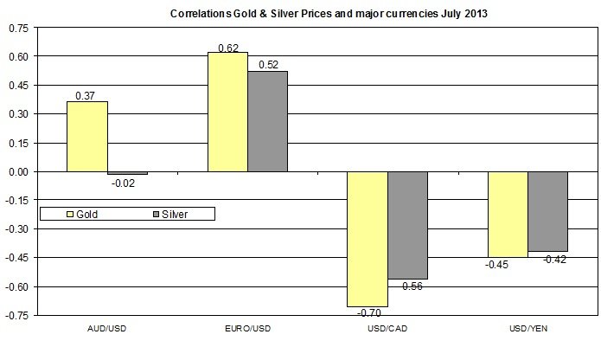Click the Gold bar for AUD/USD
(87, 137)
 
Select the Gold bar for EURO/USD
(227, 112)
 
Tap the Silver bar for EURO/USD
(267, 121)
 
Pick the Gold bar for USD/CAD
(368, 239)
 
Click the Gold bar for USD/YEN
(508, 215)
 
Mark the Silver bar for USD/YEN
(547, 211)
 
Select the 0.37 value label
(87, 95)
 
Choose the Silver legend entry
(169, 213)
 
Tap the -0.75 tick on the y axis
(17, 315)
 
